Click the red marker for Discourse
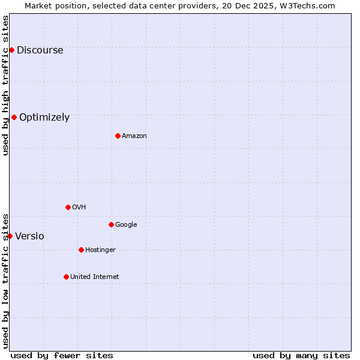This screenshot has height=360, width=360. coord(11,50)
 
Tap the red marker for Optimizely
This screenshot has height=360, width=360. coord(14,117)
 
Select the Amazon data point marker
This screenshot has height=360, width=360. coord(118,136)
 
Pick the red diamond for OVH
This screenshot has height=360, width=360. coord(68,207)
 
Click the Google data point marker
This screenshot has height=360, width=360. coord(111,224)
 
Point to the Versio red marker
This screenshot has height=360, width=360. coord(10,236)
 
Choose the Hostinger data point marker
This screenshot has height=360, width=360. coord(81,250)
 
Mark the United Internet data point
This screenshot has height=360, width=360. coord(66,277)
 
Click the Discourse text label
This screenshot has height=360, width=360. coord(40,50)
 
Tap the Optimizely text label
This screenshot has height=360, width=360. coord(44,118)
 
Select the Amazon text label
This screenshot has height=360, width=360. coord(134,136)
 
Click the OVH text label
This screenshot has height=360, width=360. coord(79,208)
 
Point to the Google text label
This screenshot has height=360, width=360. coord(126,225)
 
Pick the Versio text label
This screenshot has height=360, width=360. coord(29,236)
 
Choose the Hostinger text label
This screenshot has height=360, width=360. coord(100,250)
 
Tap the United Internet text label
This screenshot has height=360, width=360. coord(95,277)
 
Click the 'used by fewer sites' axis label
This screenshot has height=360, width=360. coord(62,355)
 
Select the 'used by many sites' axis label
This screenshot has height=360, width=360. coord(301,355)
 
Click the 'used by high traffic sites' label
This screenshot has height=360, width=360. coord(5,85)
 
